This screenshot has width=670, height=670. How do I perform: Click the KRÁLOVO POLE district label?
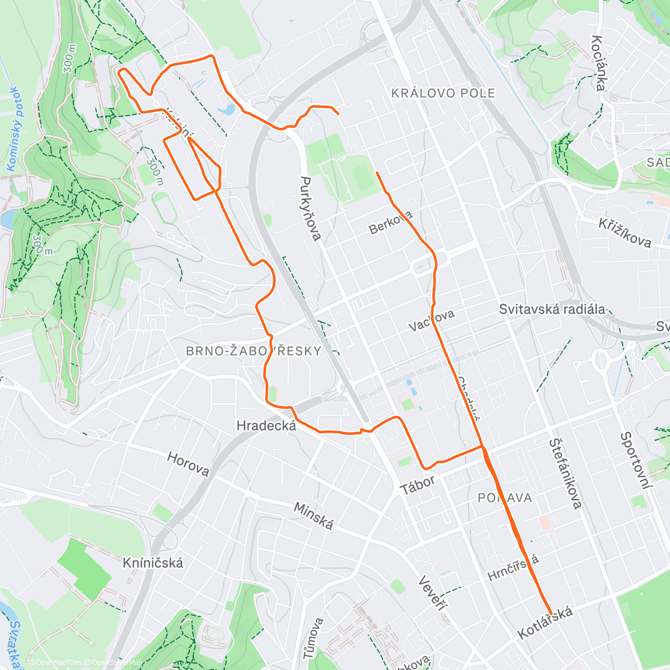click(443, 93)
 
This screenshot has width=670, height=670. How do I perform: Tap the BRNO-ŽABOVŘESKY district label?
click(253, 351)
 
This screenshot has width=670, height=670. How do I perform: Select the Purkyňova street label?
click(310, 209)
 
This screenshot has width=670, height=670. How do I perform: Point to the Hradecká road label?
click(265, 425)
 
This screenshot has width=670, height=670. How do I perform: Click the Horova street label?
click(188, 464)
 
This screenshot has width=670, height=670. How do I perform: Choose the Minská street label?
click(313, 516)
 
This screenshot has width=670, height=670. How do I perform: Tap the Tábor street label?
click(418, 485)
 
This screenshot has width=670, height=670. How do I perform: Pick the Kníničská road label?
click(152, 563)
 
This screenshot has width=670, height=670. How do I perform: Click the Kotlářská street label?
click(545, 623)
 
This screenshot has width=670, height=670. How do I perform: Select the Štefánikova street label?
click(565, 473)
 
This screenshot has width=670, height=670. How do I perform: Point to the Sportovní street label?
click(636, 461)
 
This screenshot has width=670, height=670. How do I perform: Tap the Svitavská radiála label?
click(552, 309)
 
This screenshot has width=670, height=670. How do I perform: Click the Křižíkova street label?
click(625, 232)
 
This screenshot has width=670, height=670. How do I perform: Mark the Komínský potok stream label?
click(13, 129)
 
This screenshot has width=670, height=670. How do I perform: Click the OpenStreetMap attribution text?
click(114, 663)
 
